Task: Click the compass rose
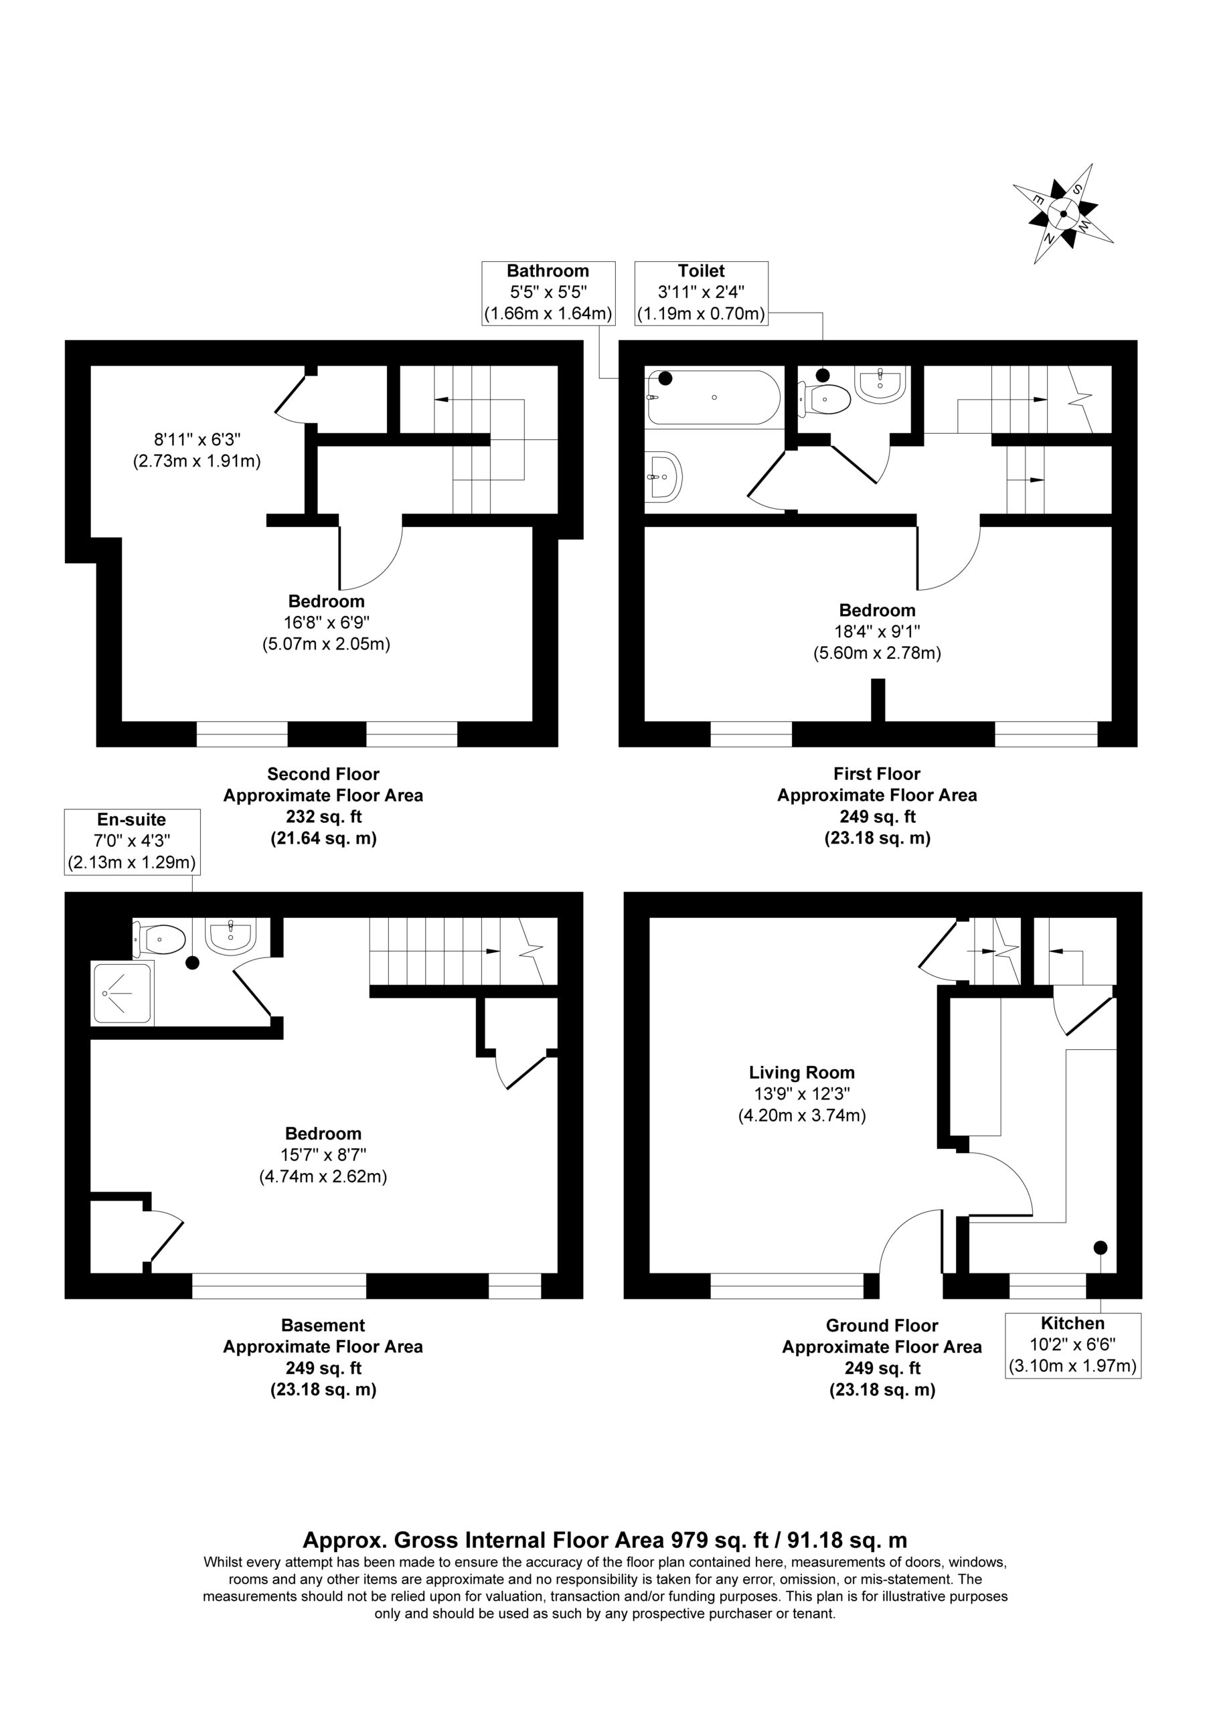1062,214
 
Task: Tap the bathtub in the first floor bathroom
714,397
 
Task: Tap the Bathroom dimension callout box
548,293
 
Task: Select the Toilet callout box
701,293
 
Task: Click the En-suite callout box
131,842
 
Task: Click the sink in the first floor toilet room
882,384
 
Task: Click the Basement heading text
323,1325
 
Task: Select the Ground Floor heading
882,1325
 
